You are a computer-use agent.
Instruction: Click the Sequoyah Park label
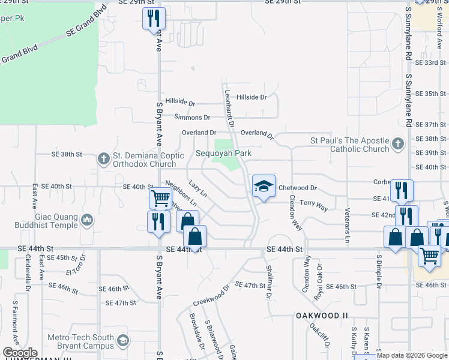click(x=223, y=153)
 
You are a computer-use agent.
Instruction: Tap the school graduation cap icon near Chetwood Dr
click(x=262, y=187)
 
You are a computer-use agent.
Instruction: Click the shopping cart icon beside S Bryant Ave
click(x=160, y=197)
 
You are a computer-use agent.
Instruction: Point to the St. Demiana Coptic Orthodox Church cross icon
click(x=104, y=159)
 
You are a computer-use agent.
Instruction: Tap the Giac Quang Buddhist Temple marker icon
click(x=86, y=221)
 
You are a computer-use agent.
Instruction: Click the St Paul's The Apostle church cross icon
click(x=397, y=145)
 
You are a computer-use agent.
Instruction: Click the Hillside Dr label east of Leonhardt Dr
click(x=251, y=97)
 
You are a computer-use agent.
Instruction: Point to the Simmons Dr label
click(x=192, y=118)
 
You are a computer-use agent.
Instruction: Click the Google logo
click(x=20, y=352)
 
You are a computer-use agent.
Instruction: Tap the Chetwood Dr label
click(x=297, y=188)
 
